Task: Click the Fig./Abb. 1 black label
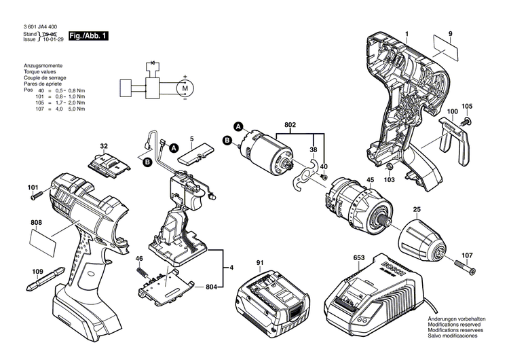coord(90,35)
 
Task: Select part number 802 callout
coord(290,126)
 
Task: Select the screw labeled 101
coord(37,196)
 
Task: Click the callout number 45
coord(370,181)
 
